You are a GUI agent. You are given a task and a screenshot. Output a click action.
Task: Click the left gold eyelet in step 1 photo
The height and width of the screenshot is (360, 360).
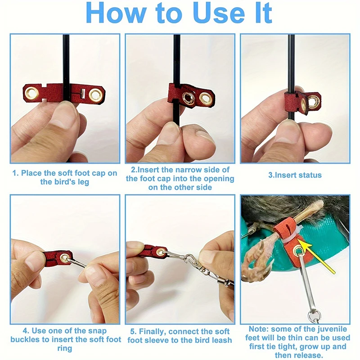(x=31, y=94)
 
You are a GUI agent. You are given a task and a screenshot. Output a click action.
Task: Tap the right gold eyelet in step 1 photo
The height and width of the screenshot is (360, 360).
(x=95, y=95)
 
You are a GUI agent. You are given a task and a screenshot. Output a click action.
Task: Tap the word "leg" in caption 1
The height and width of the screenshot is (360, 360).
(x=83, y=182)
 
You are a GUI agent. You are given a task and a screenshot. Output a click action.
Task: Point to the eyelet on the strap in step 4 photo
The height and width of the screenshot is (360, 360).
(x=64, y=258)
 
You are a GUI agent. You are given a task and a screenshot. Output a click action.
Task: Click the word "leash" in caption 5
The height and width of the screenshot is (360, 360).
(x=222, y=340)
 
